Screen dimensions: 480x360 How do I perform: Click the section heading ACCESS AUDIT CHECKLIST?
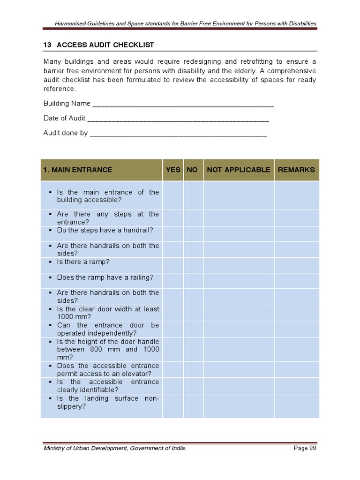(105, 45)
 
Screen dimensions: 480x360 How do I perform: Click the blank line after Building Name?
(183, 105)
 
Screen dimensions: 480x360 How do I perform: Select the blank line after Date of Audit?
(178, 120)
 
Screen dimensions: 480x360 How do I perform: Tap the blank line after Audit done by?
(178, 135)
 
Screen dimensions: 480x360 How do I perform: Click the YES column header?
(173, 170)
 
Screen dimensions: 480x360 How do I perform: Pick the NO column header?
(192, 170)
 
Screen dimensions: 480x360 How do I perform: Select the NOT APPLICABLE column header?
(239, 170)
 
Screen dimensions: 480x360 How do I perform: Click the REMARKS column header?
(296, 170)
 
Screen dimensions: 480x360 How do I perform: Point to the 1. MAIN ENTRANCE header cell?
(101, 170)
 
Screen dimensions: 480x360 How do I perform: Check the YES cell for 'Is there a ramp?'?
(173, 266)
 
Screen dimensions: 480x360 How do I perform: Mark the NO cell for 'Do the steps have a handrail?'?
(193, 234)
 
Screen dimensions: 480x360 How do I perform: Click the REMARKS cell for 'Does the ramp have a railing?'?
(296, 280)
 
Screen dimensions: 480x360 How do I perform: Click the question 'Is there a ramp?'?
(83, 262)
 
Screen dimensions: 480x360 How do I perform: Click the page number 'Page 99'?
(305, 449)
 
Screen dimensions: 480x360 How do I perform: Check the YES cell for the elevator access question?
(173, 369)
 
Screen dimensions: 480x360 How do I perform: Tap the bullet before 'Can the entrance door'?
(49, 325)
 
